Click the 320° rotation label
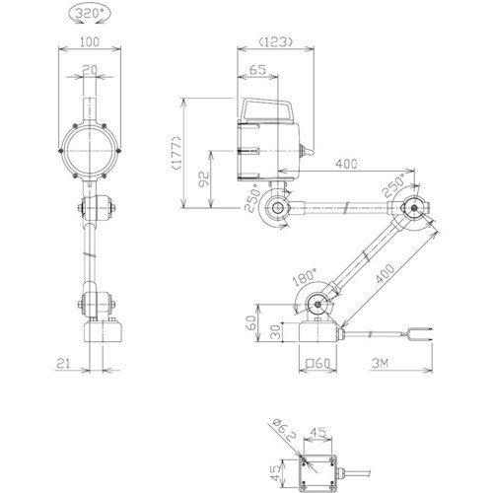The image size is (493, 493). [90, 14]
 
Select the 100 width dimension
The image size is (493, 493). [90, 42]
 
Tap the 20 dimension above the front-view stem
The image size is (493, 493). [90, 70]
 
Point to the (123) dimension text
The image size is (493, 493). [275, 41]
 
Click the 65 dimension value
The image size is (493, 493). [257, 70]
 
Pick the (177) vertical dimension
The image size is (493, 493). [176, 153]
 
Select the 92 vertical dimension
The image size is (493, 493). [205, 179]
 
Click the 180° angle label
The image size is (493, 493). [305, 276]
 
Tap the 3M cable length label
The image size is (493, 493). [381, 363]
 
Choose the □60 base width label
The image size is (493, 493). [317, 363]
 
